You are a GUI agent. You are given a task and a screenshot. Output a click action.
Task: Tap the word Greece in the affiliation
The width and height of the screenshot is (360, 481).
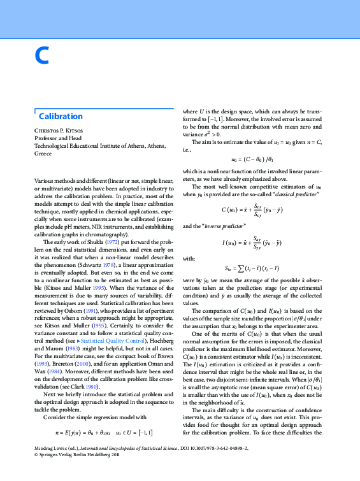point(43,154)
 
